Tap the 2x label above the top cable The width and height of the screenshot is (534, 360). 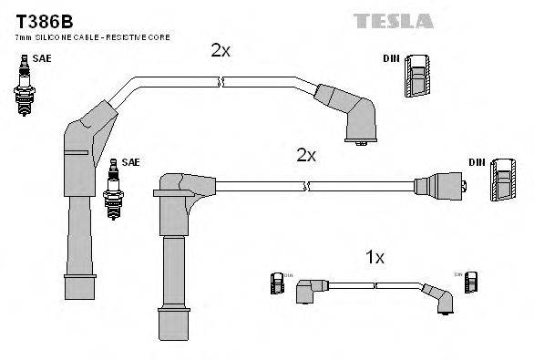coord(221,51)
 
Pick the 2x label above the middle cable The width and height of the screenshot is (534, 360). coord(305,156)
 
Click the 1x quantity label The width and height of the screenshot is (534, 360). coord(375,258)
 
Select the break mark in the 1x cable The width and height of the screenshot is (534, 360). coord(375,285)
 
